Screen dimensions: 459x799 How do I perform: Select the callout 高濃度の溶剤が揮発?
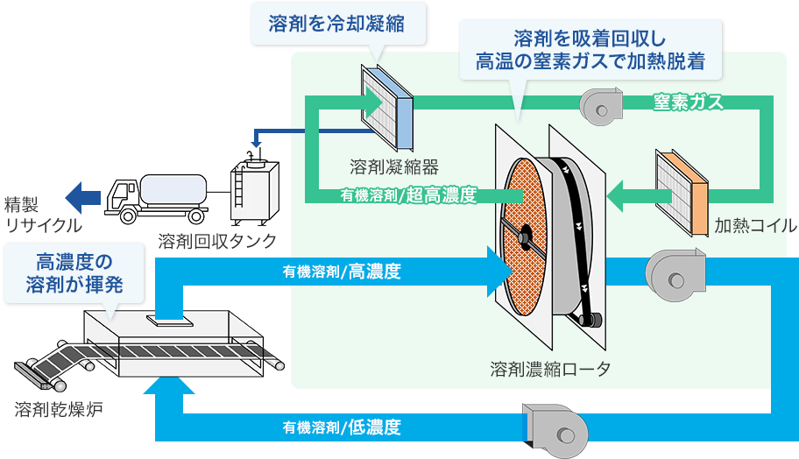coord(74,272)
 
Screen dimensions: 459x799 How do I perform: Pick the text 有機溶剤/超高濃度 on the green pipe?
coord(409,195)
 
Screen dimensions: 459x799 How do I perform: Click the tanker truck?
coord(156,194)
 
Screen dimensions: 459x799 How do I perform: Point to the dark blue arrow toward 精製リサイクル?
coord(85,194)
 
